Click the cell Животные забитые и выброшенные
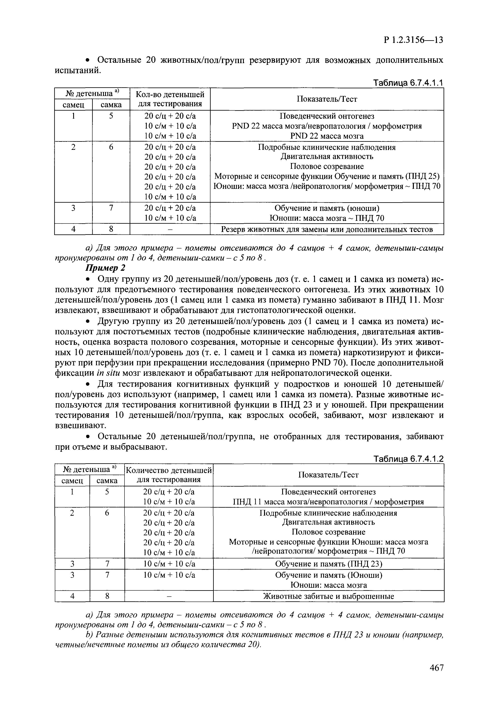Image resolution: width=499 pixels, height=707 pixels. pyautogui.click(x=329, y=596)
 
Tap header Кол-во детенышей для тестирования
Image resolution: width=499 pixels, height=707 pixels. pyautogui.click(x=170, y=99)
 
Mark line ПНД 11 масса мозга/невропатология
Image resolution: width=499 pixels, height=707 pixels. pyautogui.click(x=329, y=502)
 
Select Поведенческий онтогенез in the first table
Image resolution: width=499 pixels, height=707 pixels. pyautogui.click(x=327, y=116)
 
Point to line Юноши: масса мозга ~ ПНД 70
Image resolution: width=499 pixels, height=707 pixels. pyautogui.click(x=327, y=218)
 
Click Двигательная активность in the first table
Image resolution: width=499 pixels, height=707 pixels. pyautogui.click(x=327, y=156)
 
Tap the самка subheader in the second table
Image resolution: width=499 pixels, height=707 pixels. pyautogui.click(x=107, y=480)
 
